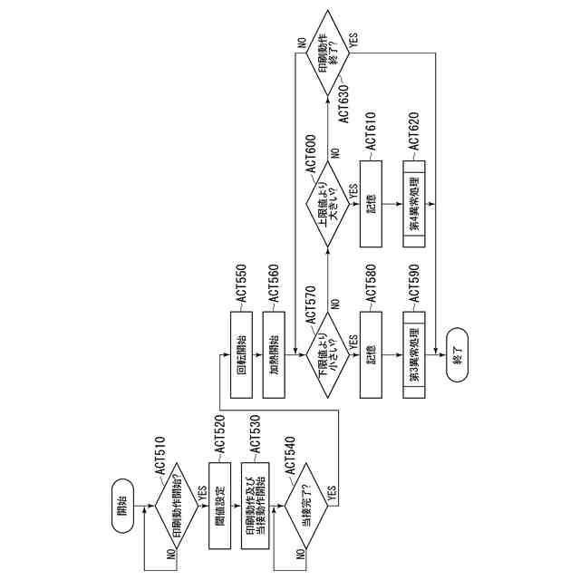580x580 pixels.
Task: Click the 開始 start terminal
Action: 123,510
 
